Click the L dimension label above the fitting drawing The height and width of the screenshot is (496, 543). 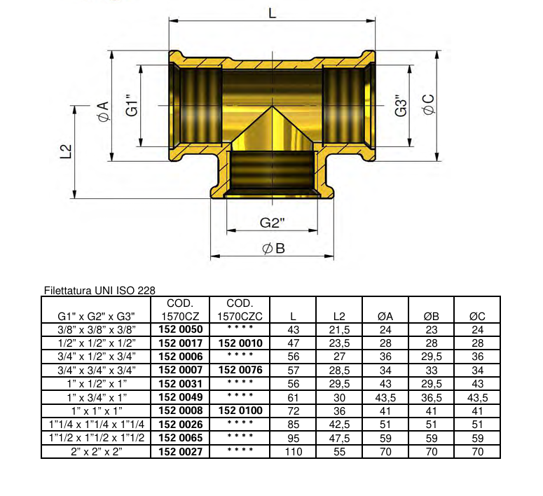point(272,12)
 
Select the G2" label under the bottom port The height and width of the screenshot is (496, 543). point(272,223)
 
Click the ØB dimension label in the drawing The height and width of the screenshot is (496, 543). point(273,249)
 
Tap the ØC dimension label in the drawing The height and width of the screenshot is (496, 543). point(428,105)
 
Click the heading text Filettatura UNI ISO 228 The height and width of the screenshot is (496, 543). point(99,290)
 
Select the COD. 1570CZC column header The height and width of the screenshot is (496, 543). point(240,310)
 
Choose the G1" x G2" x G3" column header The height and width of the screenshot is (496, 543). point(97,316)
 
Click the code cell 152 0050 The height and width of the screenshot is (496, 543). point(181,329)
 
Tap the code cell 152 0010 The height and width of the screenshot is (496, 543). point(240,343)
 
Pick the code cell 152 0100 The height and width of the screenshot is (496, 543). point(240,411)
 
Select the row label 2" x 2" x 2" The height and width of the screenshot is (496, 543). point(97,452)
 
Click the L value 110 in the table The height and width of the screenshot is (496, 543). point(293,452)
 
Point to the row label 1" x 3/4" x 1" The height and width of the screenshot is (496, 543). point(97,397)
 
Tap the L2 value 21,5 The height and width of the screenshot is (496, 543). point(339,329)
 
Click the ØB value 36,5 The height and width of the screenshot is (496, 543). point(432,397)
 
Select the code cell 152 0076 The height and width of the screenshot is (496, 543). point(240,370)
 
